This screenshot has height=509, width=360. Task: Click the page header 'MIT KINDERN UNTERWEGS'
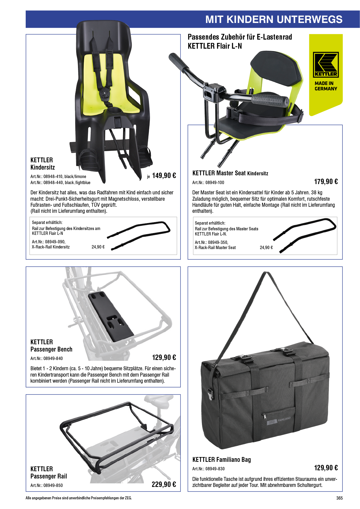[x=274, y=19]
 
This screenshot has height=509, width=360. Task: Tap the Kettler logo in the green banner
[x=326, y=65]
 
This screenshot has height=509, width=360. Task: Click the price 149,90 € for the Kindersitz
[x=164, y=175]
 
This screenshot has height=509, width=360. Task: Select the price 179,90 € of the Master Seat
[x=326, y=181]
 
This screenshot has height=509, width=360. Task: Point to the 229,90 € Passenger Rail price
[x=164, y=484]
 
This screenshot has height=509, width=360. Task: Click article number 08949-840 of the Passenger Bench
[x=53, y=358]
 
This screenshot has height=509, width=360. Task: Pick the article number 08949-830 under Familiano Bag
[x=215, y=468]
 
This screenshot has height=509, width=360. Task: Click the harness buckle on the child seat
[x=105, y=94]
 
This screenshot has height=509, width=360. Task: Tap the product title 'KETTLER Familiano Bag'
[x=222, y=459]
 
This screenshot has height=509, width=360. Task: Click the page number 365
[x=339, y=498]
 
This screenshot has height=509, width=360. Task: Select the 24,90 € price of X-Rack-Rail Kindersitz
[x=98, y=247]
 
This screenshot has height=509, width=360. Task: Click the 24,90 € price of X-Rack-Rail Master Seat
[x=266, y=248]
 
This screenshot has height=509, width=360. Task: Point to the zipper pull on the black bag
[x=264, y=416]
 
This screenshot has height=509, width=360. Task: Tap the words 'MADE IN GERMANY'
[x=326, y=86]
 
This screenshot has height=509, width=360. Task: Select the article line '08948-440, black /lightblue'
[x=60, y=183]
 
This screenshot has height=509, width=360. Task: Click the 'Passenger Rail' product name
[x=49, y=476]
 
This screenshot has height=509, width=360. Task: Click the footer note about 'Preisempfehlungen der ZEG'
[x=79, y=498]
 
